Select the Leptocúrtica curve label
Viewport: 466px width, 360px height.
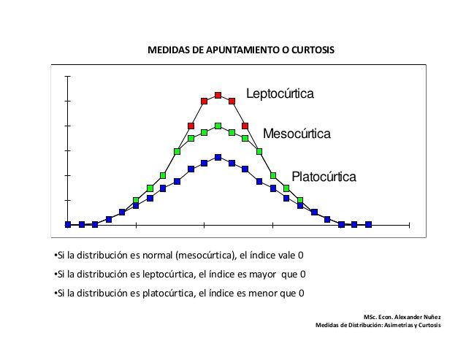(280, 94)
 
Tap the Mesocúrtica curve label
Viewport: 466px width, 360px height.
(297, 134)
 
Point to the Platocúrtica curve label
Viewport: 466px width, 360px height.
(324, 177)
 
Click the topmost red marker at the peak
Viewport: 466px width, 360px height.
(218, 95)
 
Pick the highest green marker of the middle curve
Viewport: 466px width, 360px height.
(218, 126)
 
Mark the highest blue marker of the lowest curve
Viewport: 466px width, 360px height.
(218, 157)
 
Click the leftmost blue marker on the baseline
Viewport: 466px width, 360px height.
(68, 224)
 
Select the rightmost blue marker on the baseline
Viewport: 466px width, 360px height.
(368, 224)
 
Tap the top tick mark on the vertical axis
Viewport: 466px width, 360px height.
(68, 76)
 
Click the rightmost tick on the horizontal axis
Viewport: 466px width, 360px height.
(410, 224)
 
